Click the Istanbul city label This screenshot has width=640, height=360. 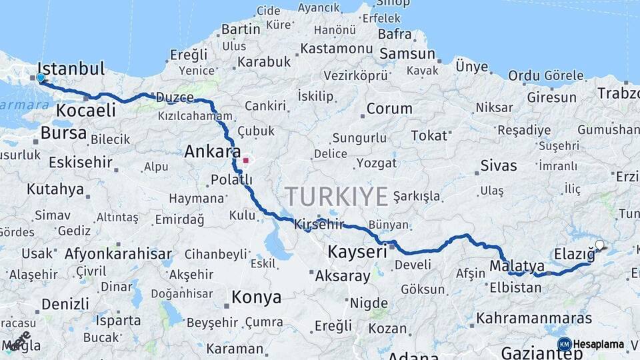click(x=71, y=68)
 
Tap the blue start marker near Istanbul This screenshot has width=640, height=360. click(x=41, y=79)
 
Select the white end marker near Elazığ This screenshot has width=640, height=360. click(x=599, y=245)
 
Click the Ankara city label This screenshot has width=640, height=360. click(x=212, y=152)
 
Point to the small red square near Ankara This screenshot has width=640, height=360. click(x=246, y=160)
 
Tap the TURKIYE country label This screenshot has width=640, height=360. click(x=336, y=197)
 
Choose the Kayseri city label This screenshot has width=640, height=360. click(x=357, y=252)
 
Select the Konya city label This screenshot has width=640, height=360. click(x=256, y=297)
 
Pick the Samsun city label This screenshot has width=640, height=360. click(x=407, y=54)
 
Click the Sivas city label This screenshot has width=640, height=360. click(x=498, y=165)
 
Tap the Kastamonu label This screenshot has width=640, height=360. click(x=336, y=49)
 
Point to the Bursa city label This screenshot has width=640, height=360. click(x=63, y=133)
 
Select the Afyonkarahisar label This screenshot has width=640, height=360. click(x=118, y=253)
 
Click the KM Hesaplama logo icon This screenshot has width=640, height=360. click(x=565, y=344)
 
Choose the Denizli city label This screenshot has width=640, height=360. click(x=65, y=304)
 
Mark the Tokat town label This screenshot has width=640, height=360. click(x=429, y=135)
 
